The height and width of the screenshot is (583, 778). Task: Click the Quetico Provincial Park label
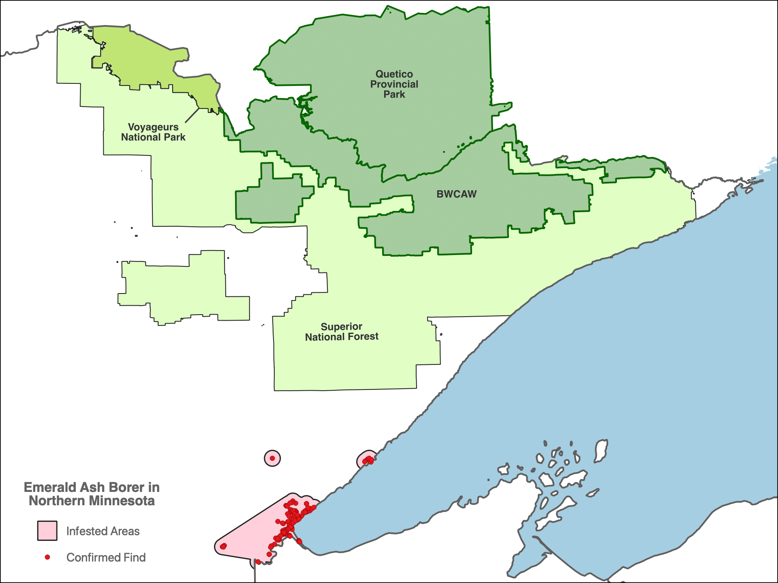click(x=394, y=84)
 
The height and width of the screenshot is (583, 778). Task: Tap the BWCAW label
click(x=456, y=194)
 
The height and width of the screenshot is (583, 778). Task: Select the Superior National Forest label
click(x=342, y=332)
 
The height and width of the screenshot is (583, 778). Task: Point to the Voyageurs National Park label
click(x=153, y=132)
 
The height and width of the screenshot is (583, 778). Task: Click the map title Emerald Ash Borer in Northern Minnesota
click(x=92, y=494)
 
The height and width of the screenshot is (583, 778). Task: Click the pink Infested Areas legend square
click(x=47, y=531)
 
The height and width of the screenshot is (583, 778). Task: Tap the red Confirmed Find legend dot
click(x=47, y=557)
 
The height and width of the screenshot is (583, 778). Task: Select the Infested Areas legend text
click(x=103, y=531)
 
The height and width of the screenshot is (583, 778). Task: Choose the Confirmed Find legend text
click(x=106, y=557)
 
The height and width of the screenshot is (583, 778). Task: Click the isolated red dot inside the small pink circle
click(x=272, y=458)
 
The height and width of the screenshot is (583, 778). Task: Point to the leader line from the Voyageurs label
click(x=192, y=115)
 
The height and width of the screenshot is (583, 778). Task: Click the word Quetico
click(x=394, y=74)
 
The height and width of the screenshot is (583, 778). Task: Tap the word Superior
click(x=341, y=327)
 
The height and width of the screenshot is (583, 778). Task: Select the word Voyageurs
click(x=153, y=127)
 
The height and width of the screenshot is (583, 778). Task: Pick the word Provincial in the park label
click(x=394, y=84)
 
